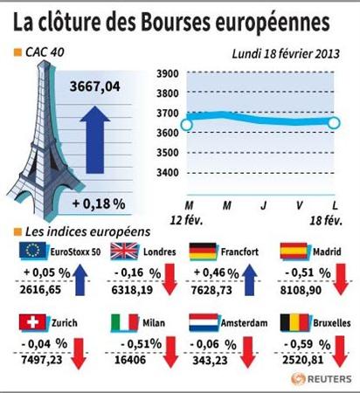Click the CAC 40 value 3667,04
click(x=94, y=86)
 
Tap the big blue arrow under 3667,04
click(x=95, y=140)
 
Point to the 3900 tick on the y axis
click(x=168, y=73)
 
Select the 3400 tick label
click(x=168, y=173)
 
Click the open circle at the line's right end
click(x=334, y=123)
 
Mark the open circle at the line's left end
click(x=187, y=125)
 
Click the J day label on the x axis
click(x=264, y=205)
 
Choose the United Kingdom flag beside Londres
click(x=124, y=251)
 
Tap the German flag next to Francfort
click(x=203, y=251)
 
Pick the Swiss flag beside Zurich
click(x=32, y=322)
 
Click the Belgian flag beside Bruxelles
click(x=294, y=322)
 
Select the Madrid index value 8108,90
click(x=301, y=290)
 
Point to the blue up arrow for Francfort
click(x=249, y=279)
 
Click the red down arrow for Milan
click(x=170, y=352)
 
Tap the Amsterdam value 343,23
click(x=210, y=361)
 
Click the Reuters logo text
click(x=329, y=379)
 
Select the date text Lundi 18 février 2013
click(x=286, y=54)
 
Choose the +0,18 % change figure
click(x=99, y=203)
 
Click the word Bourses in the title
click(x=176, y=23)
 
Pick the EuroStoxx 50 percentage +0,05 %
click(x=47, y=272)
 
